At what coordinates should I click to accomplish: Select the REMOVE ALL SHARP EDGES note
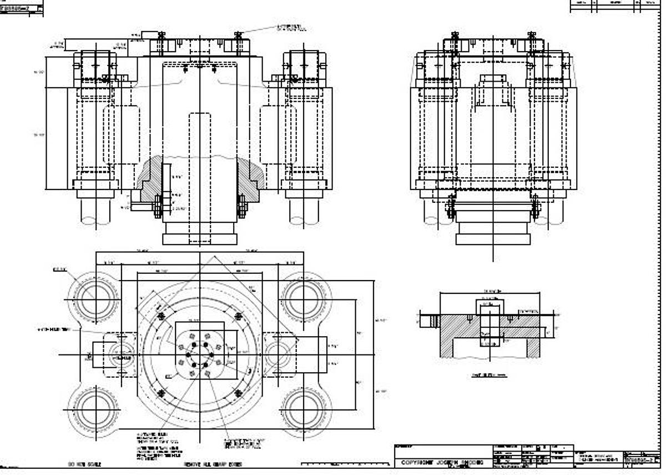[x=213, y=464]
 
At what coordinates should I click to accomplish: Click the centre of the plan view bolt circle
[x=199, y=354]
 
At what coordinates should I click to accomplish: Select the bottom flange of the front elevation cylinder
[x=199, y=239]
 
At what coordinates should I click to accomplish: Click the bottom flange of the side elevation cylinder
[x=493, y=239]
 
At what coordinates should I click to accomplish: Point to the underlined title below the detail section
[x=489, y=375]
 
